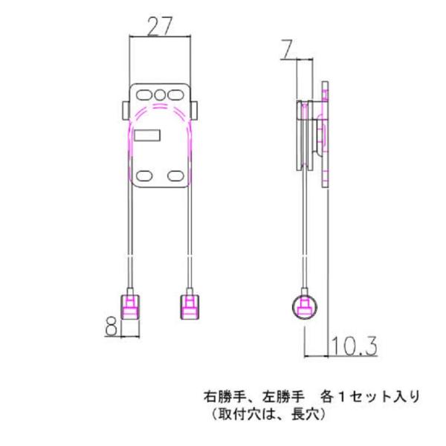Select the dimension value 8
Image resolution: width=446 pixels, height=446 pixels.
point(111,326)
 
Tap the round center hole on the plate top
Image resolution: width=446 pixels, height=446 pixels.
point(161,95)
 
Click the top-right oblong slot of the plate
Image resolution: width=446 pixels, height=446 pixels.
point(176,95)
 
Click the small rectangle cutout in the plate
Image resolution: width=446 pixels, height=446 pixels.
point(146,135)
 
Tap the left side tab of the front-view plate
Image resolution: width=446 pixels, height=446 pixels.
point(123,109)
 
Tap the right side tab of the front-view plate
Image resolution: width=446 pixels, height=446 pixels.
point(196,109)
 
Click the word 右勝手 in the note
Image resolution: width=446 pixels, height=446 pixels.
point(223,396)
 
